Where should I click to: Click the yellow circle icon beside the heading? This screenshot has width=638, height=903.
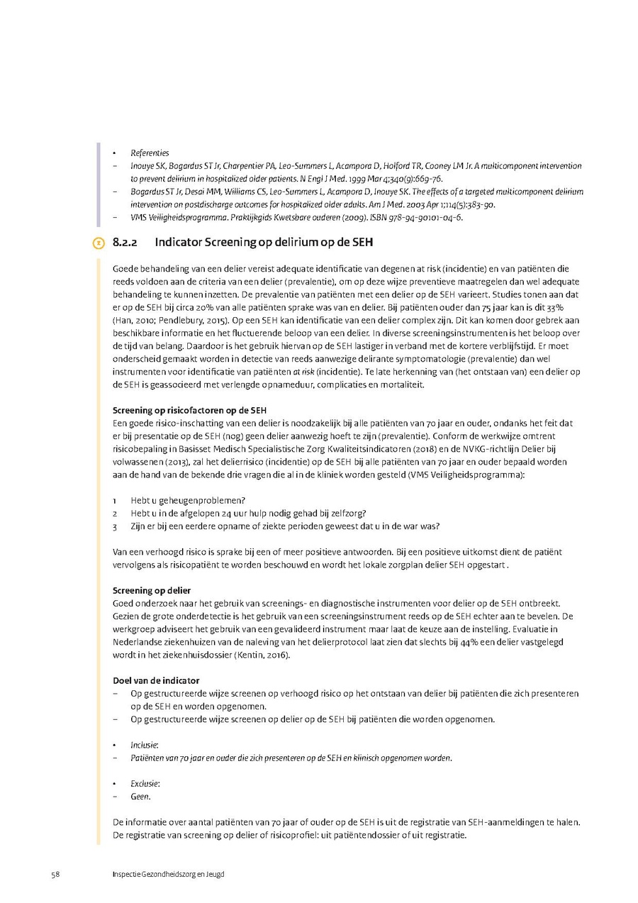[99, 243]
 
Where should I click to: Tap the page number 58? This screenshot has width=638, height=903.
[55, 874]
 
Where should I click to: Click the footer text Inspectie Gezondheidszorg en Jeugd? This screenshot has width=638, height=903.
[168, 874]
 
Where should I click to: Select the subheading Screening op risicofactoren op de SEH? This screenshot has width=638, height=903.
[190, 410]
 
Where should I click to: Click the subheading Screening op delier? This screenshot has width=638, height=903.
[152, 590]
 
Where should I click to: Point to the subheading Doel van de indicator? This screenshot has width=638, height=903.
[156, 681]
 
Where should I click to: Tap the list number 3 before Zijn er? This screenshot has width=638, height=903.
[114, 526]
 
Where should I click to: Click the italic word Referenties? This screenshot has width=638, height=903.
[150, 153]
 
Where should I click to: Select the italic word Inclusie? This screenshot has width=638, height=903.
[144, 745]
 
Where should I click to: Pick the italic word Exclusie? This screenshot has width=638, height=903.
[145, 783]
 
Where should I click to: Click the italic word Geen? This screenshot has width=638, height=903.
[140, 797]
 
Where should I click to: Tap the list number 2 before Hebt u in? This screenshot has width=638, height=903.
[114, 513]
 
